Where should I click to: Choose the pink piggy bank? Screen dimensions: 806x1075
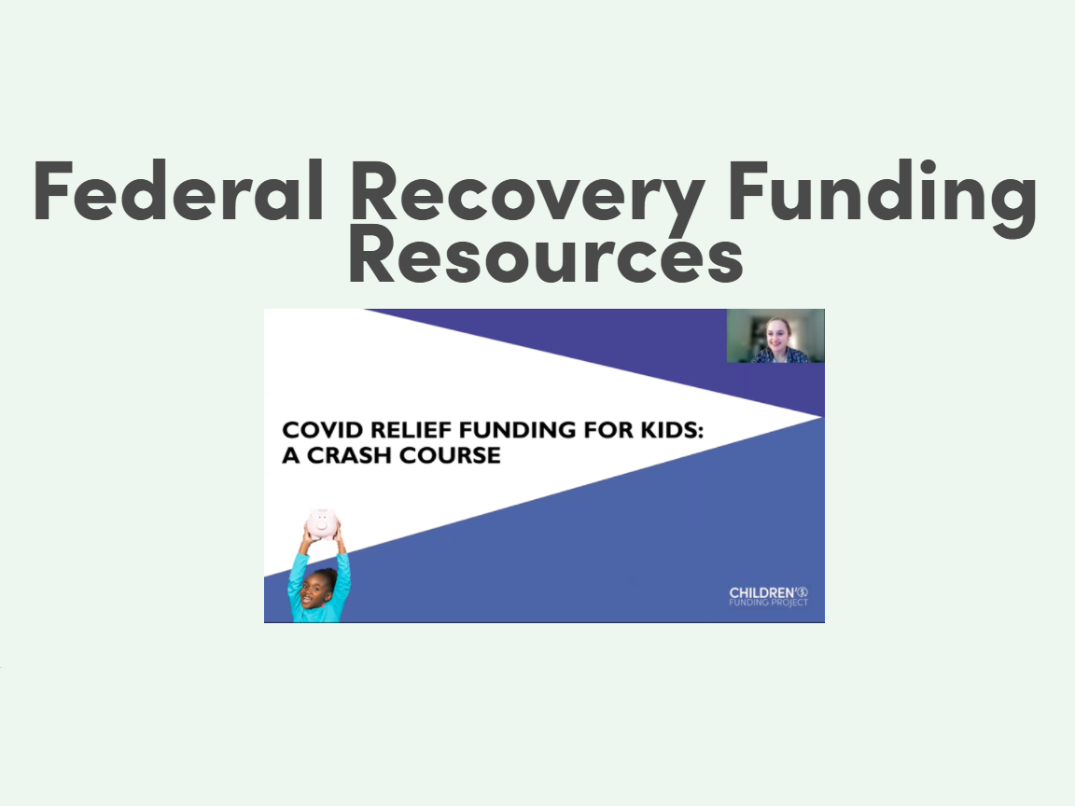tap(320, 522)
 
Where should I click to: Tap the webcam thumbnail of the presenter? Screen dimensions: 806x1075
tap(775, 336)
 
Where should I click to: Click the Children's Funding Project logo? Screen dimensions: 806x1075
tap(769, 597)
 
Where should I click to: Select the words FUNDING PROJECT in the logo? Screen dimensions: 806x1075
tap(768, 604)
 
